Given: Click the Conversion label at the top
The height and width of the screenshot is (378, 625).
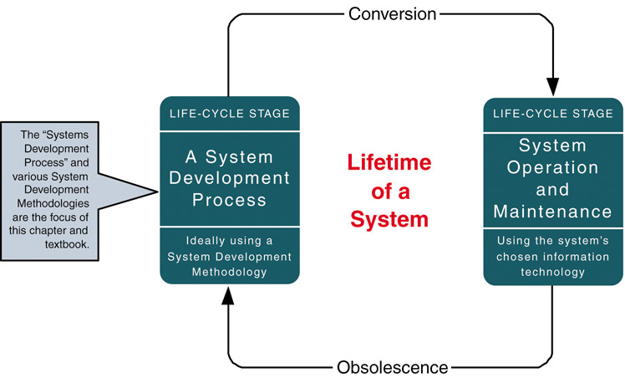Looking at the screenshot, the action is coord(392,14).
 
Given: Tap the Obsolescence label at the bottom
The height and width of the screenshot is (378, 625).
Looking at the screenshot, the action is coord(393,367).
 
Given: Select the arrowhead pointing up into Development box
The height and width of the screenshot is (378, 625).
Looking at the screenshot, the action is coord(228,296).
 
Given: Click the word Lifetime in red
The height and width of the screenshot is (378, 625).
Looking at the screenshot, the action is coord(389,162).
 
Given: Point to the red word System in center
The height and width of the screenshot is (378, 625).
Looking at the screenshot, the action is coord(389,219).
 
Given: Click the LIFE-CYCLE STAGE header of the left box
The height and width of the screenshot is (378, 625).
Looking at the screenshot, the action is coord(230,114).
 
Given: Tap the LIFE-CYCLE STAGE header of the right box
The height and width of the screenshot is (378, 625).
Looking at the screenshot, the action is coord(553,114).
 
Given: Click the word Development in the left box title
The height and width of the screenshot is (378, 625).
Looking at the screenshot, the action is coord(229,178).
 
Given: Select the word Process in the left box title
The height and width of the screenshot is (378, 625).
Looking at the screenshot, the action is coord(229,200).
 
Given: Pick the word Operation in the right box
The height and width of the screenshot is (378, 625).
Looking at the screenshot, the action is coord(552,167).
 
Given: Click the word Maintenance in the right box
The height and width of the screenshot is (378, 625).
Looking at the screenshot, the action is coord(552,212).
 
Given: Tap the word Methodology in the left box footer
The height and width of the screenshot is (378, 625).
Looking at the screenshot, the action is coord(229,272).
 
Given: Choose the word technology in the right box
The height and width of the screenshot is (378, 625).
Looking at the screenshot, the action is coord(552,272).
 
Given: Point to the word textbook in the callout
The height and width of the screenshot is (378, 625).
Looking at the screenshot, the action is coord(66,244).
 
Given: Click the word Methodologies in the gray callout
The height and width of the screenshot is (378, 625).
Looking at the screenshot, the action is coord(53,203).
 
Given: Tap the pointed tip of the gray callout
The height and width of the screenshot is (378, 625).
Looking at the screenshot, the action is coord(157,192).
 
